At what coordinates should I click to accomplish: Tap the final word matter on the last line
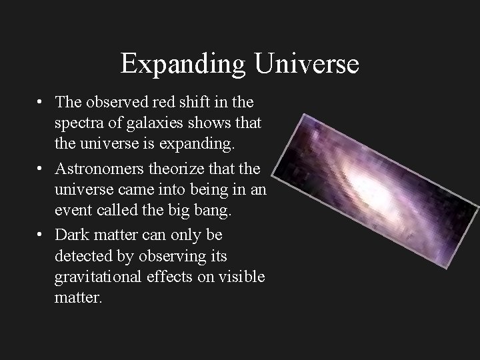[79, 298]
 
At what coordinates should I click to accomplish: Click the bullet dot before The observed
[41, 103]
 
